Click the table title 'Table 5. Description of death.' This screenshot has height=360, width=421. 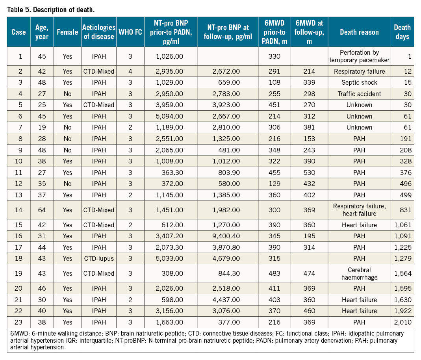(x=51, y=10)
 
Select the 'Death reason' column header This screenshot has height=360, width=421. (x=359, y=32)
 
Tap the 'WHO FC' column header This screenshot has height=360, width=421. (x=130, y=32)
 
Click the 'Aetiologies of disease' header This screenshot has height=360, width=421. (x=99, y=32)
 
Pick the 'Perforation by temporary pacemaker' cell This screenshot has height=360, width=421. (x=359, y=56)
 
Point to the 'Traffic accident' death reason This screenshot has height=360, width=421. (x=359, y=94)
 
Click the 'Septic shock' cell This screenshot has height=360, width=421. (x=359, y=82)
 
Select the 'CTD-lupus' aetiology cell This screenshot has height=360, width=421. (x=99, y=258)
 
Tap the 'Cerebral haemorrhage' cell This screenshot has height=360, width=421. (x=359, y=274)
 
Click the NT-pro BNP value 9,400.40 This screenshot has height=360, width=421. (x=226, y=236)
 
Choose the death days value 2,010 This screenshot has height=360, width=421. (x=403, y=322)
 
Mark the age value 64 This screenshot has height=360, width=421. (x=42, y=210)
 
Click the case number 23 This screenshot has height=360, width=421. (x=19, y=322)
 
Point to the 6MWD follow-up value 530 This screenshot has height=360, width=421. (x=309, y=173)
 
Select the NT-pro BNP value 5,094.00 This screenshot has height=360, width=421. (x=169, y=116)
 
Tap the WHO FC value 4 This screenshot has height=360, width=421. (x=130, y=71)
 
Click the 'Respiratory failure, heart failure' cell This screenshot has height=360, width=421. (x=359, y=210)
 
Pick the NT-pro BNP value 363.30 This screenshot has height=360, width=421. (x=172, y=173)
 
